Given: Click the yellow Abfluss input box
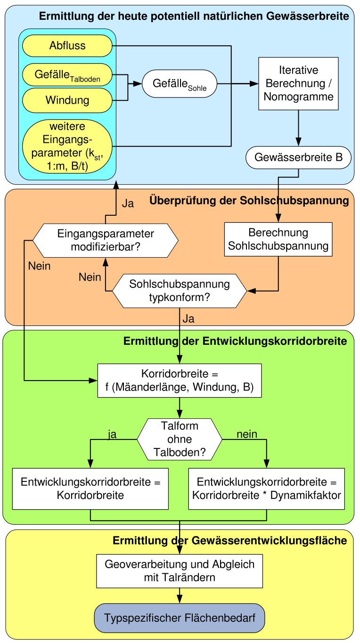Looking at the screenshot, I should click(67, 46).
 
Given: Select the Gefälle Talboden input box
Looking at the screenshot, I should click(67, 75).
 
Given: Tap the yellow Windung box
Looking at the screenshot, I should click(67, 100).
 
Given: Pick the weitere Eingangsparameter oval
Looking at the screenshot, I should click(67, 146).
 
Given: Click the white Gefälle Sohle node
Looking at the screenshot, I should click(179, 84).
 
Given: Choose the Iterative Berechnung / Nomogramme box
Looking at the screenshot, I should click(298, 84).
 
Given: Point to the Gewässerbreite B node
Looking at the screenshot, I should click(298, 158).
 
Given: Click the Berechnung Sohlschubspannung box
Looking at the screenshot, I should click(278, 239).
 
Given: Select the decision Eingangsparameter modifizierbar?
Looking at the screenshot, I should click(106, 240).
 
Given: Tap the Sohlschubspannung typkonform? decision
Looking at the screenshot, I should click(180, 291).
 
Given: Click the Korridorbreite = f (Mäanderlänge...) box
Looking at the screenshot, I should click(179, 381).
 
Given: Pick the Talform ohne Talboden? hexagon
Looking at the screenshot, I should click(180, 439).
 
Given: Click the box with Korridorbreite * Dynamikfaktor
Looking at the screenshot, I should click(266, 488).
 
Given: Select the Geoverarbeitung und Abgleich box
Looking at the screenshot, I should click(179, 570).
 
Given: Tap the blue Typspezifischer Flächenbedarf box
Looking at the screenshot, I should click(179, 618).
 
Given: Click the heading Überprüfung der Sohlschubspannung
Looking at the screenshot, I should click(249, 201).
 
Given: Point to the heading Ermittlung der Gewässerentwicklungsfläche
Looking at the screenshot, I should click(230, 541).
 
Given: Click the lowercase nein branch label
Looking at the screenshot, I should click(247, 434).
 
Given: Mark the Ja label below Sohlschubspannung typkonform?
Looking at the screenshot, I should click(188, 319).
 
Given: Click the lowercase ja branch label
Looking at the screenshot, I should click(112, 434).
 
